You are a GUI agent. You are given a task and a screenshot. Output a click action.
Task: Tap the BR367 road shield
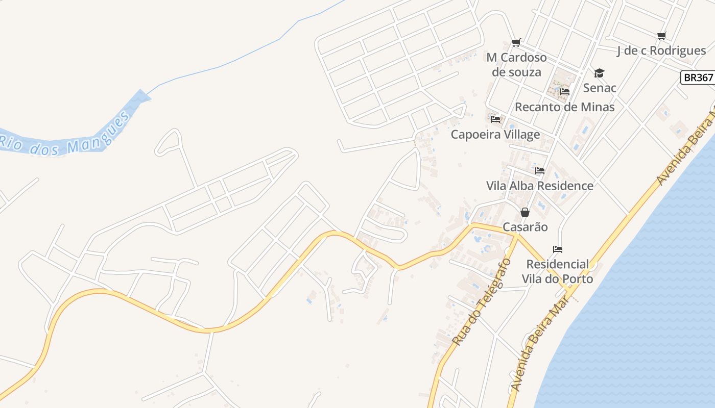698,78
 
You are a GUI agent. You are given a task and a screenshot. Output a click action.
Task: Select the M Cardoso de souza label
516,65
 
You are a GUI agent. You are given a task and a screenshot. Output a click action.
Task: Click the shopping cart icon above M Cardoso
516,42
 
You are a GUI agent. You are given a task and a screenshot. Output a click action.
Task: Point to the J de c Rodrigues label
661,50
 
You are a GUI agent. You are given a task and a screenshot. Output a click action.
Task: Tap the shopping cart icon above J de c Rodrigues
662,36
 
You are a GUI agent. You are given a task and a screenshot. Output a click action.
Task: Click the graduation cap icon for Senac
599,73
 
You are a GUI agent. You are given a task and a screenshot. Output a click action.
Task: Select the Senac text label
600,88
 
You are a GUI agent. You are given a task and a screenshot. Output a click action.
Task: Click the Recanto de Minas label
564,107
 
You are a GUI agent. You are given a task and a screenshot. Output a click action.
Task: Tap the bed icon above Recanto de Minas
565,92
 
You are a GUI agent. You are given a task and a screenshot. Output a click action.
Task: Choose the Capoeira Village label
495,135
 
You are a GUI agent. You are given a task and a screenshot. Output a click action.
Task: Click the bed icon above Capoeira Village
495,119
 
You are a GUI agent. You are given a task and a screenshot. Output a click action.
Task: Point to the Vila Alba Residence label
540,186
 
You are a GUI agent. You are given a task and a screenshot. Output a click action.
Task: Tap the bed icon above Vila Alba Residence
540,171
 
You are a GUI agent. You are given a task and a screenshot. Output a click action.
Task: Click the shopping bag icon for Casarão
525,212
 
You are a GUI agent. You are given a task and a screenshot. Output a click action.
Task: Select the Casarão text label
525,227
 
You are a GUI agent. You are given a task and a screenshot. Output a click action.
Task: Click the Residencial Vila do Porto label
557,271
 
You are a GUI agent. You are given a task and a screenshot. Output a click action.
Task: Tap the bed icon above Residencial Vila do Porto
558,249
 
